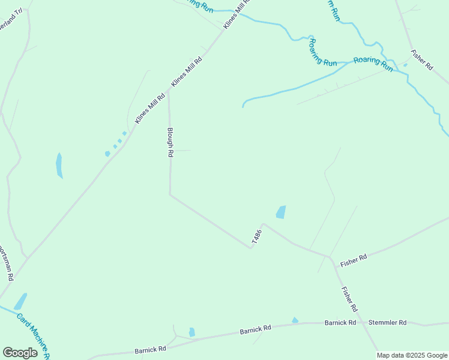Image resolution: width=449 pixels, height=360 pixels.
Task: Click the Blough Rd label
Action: pos(170,142)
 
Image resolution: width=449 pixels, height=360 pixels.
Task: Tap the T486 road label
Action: pos(257,236)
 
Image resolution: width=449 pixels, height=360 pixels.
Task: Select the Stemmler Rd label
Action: pos(387,323)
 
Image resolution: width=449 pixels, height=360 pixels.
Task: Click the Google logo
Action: pos(20,353)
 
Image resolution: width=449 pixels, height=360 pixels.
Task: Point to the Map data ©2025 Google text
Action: pos(412,355)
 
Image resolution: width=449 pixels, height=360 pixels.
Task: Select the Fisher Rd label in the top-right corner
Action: pos(422,61)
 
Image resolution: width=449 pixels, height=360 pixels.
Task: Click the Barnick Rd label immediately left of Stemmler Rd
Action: pos(340,323)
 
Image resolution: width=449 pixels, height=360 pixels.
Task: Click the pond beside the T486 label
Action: pos(280,212)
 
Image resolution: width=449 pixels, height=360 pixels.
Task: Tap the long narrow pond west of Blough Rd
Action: pos(59,165)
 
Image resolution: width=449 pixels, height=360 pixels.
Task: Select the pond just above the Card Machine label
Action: pos(20,301)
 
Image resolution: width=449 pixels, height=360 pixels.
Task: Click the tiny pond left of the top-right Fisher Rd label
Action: pos(405,65)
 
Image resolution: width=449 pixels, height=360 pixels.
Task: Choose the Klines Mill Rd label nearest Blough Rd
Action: pos(150,108)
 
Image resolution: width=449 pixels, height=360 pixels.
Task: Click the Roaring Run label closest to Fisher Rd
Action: pos(373,64)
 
